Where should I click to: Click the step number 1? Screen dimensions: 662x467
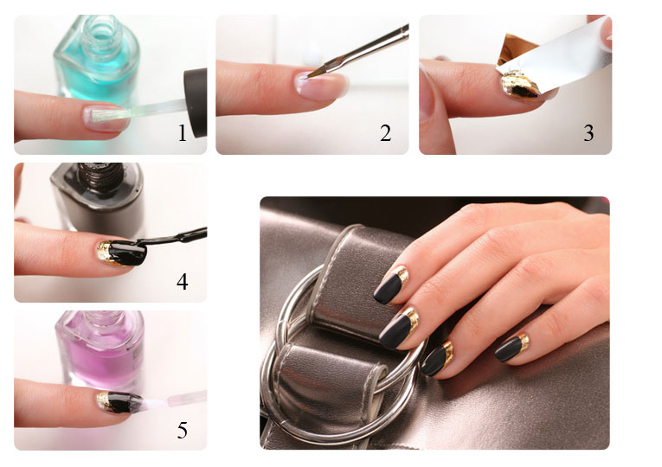[182, 133]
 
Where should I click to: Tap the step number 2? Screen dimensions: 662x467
[385, 133]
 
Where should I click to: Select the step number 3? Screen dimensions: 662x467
[588, 133]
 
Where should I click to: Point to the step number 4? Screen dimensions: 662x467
[183, 282]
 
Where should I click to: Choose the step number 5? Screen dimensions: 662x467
[183, 431]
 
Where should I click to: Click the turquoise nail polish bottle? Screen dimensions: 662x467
[98, 59]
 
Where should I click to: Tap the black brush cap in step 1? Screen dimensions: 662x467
[196, 103]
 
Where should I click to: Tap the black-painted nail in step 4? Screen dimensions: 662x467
[122, 253]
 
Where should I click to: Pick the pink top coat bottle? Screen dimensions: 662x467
[100, 350]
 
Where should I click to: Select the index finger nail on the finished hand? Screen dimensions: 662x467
[391, 286]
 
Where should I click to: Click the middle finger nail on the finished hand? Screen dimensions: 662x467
[399, 329]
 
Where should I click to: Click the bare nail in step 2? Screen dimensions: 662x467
[322, 86]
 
